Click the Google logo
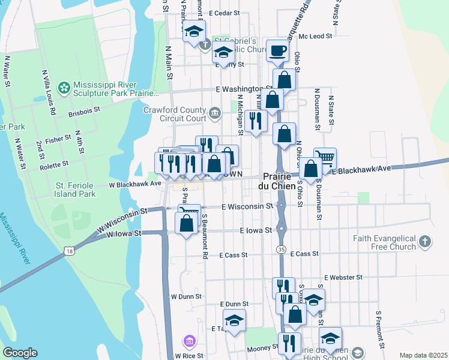pos(20,353)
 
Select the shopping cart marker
pos(325,158)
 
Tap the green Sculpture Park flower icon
pos(64,88)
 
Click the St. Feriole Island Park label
pos(75,190)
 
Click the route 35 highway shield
pos(281,248)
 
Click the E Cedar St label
pos(224,12)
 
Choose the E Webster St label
pos(343,278)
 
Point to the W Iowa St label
pos(124,233)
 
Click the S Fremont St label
pos(379,329)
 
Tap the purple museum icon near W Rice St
pos(190,341)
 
